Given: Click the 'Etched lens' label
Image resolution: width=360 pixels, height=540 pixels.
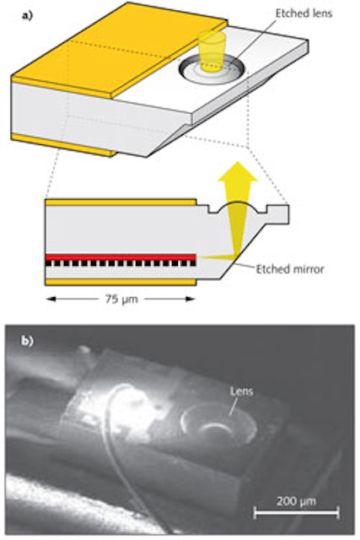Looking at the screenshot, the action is [x=304, y=13].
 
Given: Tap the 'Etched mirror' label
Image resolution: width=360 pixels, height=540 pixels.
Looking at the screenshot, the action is [x=290, y=269].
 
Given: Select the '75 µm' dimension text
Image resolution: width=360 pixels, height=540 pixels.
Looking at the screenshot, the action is [x=121, y=299].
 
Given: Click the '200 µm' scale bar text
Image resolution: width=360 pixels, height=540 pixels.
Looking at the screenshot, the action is [x=296, y=500].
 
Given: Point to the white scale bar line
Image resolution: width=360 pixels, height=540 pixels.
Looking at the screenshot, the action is [x=296, y=512].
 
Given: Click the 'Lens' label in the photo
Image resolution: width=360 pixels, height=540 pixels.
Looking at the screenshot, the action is [x=242, y=391].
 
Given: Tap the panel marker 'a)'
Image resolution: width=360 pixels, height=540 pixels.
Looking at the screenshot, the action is [x=28, y=16].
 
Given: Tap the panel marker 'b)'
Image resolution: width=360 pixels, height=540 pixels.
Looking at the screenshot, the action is [x=28, y=341].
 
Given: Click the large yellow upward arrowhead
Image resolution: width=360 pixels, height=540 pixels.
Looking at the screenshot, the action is [x=238, y=171].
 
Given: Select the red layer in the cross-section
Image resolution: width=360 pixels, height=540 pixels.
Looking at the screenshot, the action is [x=121, y=257].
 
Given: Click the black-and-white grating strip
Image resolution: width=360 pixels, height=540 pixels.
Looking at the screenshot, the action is [x=121, y=263].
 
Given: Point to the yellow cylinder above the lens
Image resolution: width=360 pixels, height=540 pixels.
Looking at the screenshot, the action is [x=212, y=51].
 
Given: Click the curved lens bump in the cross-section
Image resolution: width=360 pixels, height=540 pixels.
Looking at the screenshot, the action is [x=238, y=208].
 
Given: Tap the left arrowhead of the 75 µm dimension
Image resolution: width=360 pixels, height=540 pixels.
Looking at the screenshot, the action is [x=51, y=299].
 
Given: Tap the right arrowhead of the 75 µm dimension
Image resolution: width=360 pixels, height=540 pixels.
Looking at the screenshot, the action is [x=191, y=299].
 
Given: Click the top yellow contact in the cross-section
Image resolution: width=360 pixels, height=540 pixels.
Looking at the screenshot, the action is [x=121, y=202].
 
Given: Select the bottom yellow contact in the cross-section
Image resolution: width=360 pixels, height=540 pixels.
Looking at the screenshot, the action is [x=121, y=283].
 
